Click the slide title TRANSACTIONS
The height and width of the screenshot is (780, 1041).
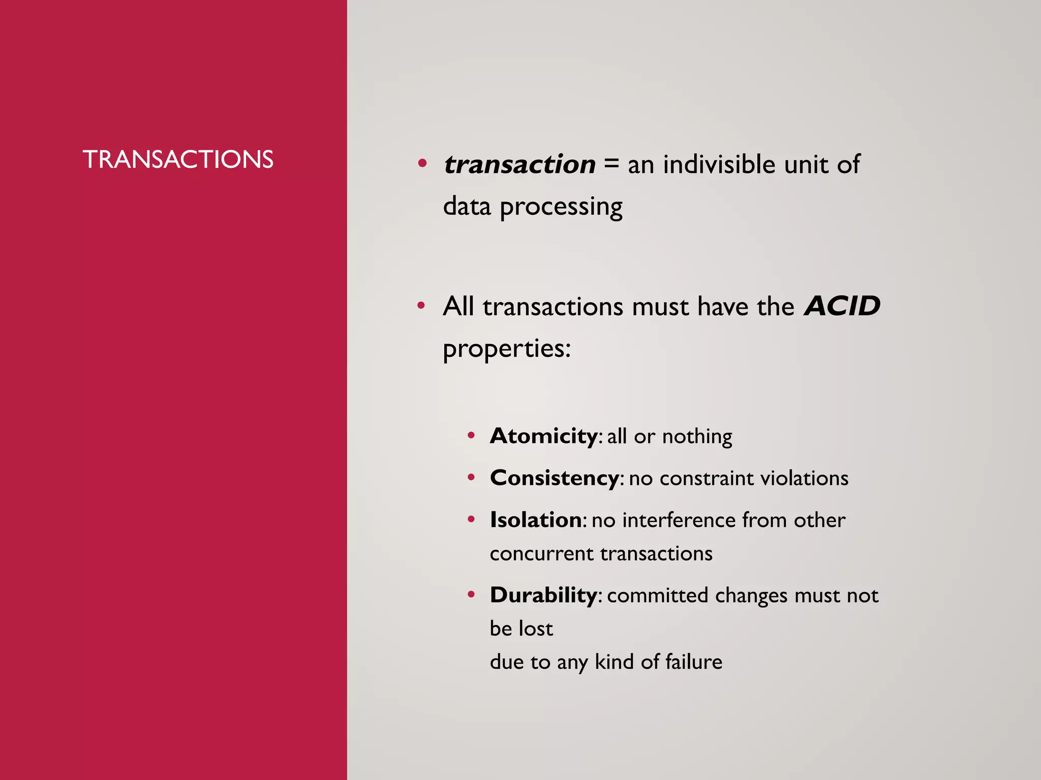click(x=178, y=159)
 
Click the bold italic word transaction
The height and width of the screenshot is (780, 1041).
click(x=519, y=165)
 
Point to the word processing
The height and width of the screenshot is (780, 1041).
click(x=561, y=208)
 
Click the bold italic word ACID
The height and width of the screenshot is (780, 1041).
click(x=842, y=306)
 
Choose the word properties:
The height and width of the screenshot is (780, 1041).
click(x=507, y=349)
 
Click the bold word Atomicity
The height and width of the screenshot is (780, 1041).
click(x=543, y=436)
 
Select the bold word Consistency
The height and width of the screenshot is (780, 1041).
click(x=554, y=478)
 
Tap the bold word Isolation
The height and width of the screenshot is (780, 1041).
click(x=536, y=520)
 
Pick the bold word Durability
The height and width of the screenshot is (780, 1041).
click(x=543, y=595)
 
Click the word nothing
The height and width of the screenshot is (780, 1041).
click(x=697, y=437)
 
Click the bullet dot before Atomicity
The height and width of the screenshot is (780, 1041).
click(x=471, y=436)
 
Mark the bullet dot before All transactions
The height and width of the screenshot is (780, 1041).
click(x=421, y=306)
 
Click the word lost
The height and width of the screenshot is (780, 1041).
click(x=536, y=629)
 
